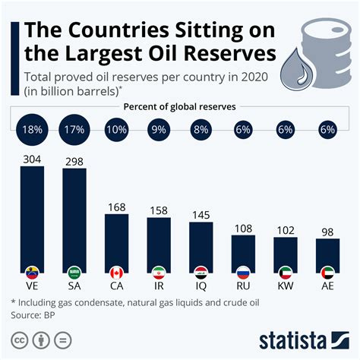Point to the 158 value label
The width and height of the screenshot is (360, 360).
[x=159, y=209]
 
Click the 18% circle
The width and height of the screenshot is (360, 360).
[x=33, y=129]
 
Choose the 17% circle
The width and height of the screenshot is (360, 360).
[x=74, y=129]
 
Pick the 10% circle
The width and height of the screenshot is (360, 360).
[x=116, y=129]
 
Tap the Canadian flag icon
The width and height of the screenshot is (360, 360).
[x=117, y=272]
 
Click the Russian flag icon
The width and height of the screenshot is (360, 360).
[x=244, y=272]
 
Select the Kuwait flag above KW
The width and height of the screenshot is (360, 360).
[x=286, y=272]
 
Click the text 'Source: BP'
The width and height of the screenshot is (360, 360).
[x=36, y=314]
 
